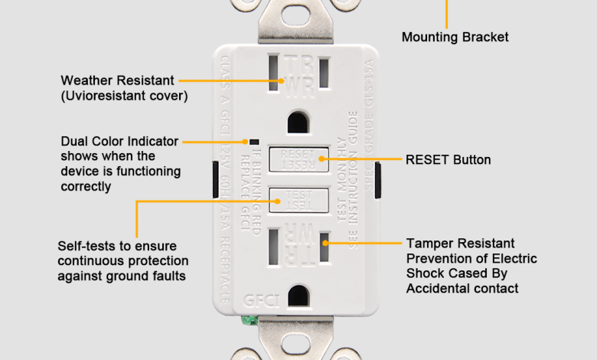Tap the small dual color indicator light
coord(252,142)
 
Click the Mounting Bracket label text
coord(455,37)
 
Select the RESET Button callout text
coord(448,160)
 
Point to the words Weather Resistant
coord(118,80)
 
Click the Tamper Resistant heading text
coord(460,244)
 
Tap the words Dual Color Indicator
coord(119,142)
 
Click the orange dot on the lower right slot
coord(325,243)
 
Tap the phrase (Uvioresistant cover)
coord(124,96)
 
